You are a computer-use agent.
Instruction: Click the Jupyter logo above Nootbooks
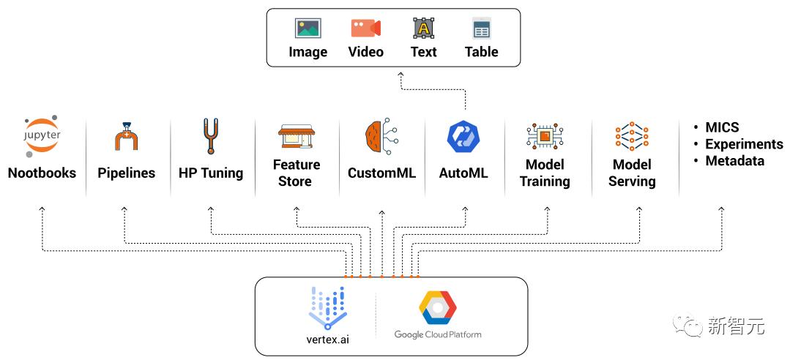(x=42, y=136)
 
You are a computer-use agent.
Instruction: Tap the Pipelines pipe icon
(x=125, y=136)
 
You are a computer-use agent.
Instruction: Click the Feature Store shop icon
(x=297, y=136)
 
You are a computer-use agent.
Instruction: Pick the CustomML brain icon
(x=381, y=136)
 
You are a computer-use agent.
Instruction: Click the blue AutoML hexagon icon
(x=463, y=136)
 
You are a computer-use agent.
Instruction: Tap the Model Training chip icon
(x=545, y=136)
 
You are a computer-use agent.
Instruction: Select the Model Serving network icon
(x=631, y=136)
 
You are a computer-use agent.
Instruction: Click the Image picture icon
(x=308, y=29)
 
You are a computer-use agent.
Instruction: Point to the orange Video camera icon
(x=366, y=29)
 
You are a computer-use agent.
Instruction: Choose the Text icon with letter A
(x=423, y=29)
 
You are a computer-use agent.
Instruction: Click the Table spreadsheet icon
(x=482, y=29)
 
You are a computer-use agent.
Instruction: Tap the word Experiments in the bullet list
(x=744, y=144)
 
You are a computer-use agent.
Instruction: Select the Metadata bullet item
(x=734, y=161)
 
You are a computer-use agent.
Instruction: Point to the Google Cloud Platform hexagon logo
(x=437, y=307)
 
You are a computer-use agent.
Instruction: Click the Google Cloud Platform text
(x=437, y=334)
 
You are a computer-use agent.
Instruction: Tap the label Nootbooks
(x=42, y=173)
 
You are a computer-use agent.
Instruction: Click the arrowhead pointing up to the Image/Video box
(x=400, y=75)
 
